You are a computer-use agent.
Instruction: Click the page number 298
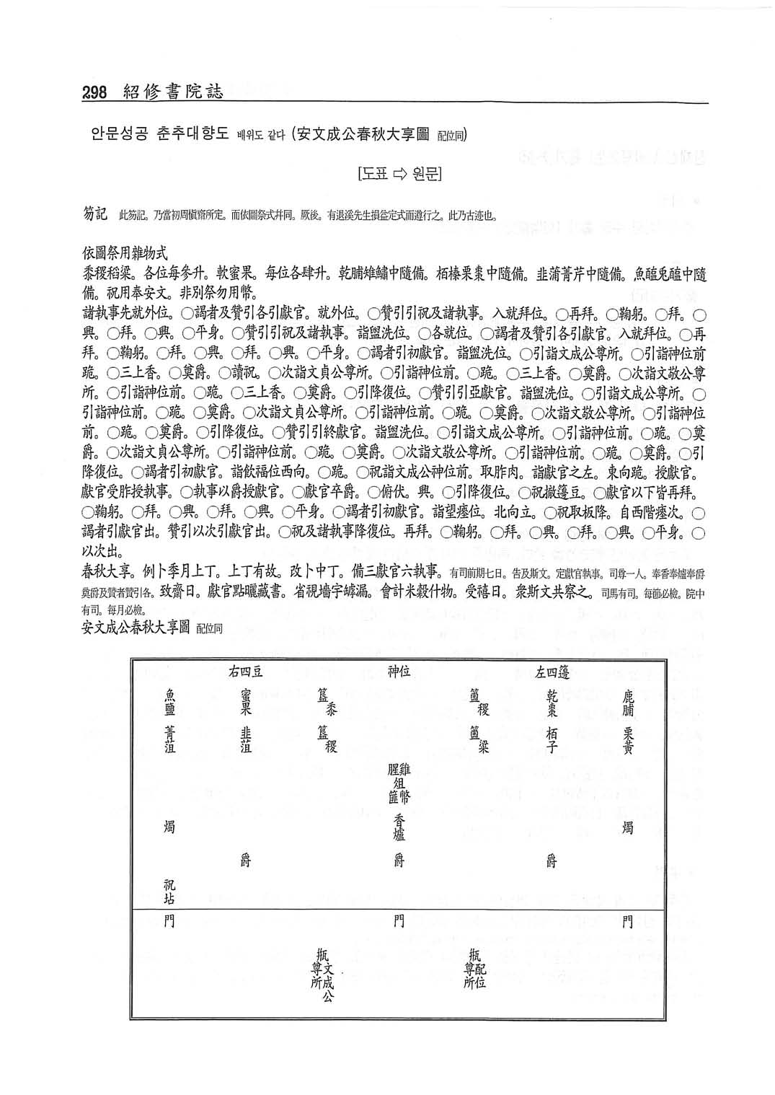(94, 92)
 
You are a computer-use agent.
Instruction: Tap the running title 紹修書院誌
(174, 92)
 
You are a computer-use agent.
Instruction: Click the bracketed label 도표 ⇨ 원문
(399, 174)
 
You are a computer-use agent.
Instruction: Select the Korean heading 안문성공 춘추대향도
(159, 134)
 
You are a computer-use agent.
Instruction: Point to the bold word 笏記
(95, 214)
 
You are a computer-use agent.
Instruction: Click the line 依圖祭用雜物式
(125, 254)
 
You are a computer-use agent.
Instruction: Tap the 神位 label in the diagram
(399, 672)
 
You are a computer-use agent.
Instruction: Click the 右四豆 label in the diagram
(245, 672)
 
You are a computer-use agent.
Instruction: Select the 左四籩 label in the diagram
(552, 673)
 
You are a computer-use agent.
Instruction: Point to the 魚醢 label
(170, 701)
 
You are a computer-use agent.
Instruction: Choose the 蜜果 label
(246, 702)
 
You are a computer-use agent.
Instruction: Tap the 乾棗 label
(552, 703)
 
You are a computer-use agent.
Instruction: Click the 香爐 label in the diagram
(399, 827)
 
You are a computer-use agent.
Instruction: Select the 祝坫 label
(170, 892)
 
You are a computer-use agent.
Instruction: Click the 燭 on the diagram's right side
(628, 827)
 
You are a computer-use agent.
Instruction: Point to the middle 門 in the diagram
(399, 921)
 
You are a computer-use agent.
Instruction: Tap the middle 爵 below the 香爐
(399, 860)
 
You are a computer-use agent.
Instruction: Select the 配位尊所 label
(475, 969)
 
